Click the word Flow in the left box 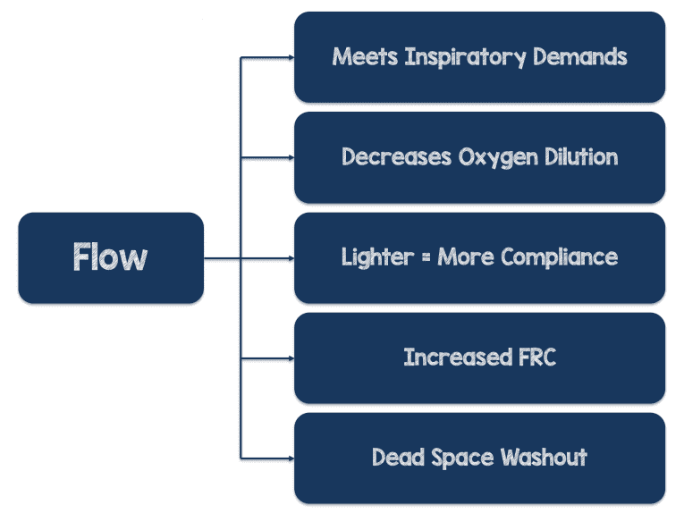click(x=110, y=257)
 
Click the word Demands click(x=579, y=57)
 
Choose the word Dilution click(x=578, y=157)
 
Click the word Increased click(x=455, y=357)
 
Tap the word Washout click(x=544, y=458)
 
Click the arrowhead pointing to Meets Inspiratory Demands click(x=290, y=57)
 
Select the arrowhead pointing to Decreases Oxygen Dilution click(x=290, y=157)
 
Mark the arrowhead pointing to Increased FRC click(x=290, y=357)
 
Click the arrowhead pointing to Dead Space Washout click(x=290, y=458)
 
